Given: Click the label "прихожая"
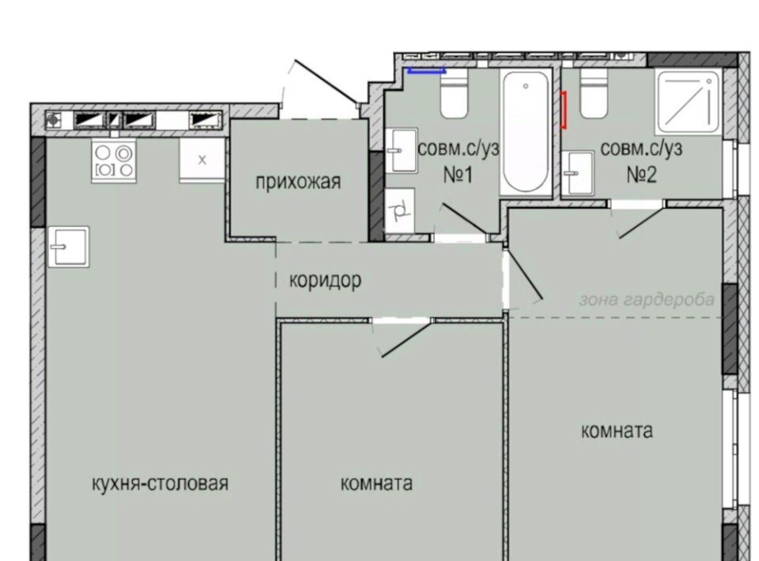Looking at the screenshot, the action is tap(298, 183).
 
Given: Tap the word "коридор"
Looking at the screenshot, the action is tap(325, 280).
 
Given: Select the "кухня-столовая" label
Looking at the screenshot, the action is tap(160, 483).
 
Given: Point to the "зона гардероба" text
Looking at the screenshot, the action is tap(647, 299).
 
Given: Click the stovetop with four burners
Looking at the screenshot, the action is tap(114, 161).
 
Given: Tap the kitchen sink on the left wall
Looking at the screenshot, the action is tap(69, 247).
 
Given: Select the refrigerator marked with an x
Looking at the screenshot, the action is tap(202, 160).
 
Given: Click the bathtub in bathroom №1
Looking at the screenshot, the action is tap(526, 132).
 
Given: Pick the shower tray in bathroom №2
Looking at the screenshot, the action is tap(688, 102).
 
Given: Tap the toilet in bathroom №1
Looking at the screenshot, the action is tap(454, 93).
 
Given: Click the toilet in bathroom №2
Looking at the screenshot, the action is tap(594, 93).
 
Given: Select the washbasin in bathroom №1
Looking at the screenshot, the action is tap(402, 150).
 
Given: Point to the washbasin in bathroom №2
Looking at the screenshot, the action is tap(578, 173).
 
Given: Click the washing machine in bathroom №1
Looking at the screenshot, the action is tap(400, 211).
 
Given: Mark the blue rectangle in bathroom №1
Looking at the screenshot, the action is tap(426, 70).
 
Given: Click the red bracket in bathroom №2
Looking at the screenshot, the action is tap(564, 111).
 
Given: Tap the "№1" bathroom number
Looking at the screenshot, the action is tap(458, 175).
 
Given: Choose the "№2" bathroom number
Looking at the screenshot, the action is tap(641, 175).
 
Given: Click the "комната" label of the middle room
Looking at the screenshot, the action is tap(376, 483).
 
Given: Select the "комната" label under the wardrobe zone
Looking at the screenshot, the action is tap(617, 431).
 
